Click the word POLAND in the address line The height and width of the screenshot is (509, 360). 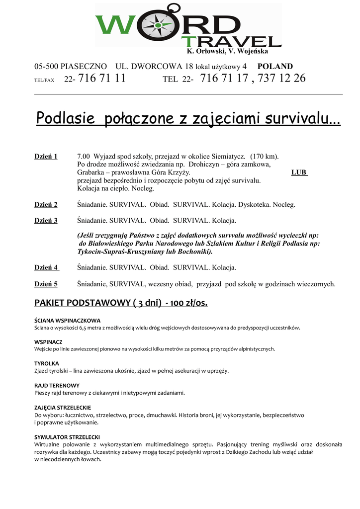coord(275,67)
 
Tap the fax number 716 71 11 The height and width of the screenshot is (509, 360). coord(102,79)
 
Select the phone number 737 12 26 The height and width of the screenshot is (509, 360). coord(283,79)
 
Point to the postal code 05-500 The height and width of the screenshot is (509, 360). coord(47,67)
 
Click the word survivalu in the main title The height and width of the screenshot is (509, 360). coord(302,119)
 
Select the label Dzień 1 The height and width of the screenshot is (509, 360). coord(46,157)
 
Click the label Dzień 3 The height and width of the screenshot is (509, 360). coord(46,220)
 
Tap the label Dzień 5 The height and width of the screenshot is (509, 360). coord(46,284)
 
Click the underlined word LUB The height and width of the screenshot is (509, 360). coord(299,172)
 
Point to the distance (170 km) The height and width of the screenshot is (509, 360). coord(264,157)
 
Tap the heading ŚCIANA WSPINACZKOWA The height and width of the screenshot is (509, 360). coord(67,321)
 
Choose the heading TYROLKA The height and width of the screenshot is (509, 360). coord(47,363)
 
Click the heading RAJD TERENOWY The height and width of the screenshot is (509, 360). coord(57,385)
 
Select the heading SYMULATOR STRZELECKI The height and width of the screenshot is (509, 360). coord(67,437)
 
